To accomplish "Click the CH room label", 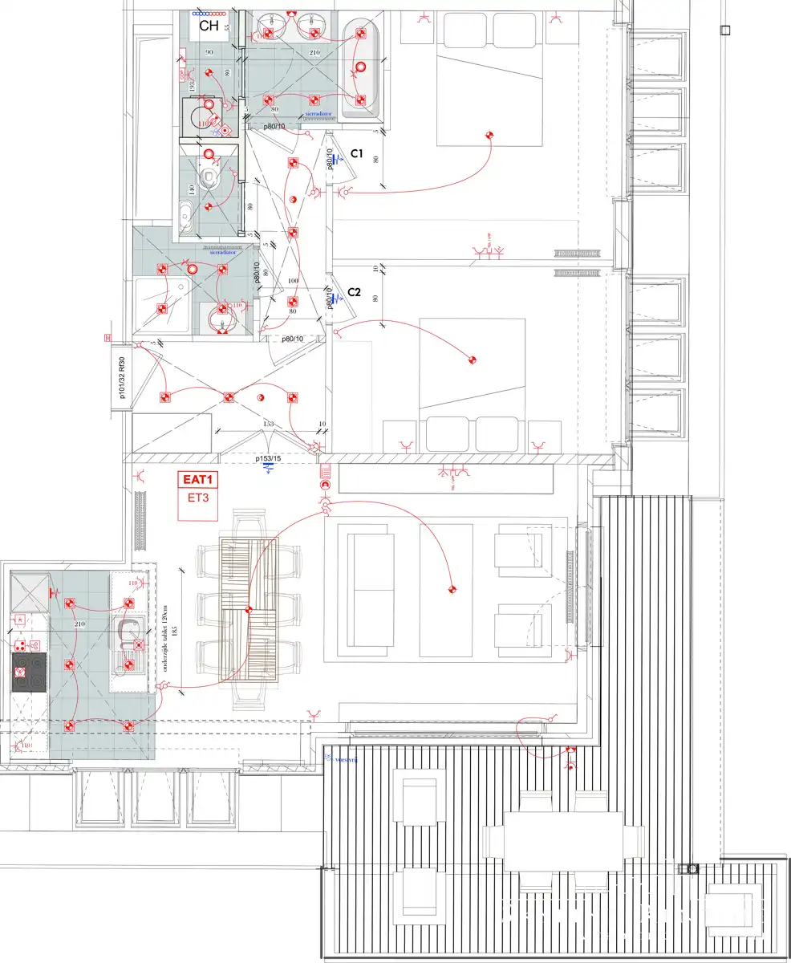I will coord(209,26).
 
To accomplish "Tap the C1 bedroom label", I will coord(357,153).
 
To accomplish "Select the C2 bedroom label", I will coord(354,294).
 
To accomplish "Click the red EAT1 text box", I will coord(199,480).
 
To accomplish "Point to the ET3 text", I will coord(199,498).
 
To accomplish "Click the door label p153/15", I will coord(268,459).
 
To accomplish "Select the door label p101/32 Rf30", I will coord(121,377).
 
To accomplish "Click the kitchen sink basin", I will coord(128,634).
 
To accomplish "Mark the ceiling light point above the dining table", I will coord(249,612).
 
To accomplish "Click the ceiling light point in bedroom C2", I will coord(473,360).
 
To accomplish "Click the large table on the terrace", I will coord(563,841).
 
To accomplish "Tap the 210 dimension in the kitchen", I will coord(79,624).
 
